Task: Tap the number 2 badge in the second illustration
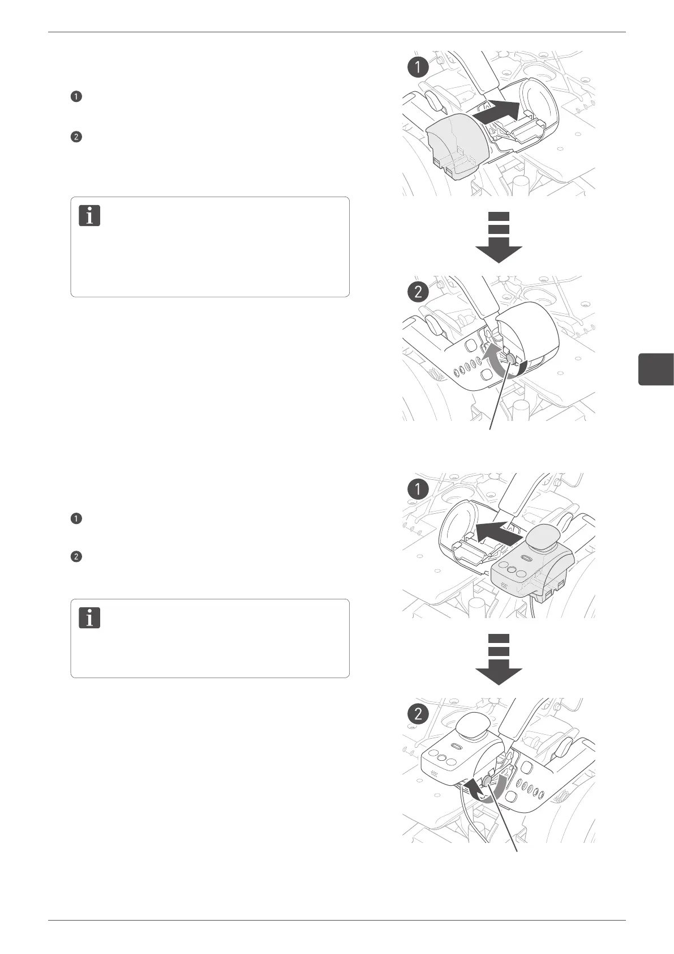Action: (x=418, y=292)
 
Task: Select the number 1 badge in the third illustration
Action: (x=418, y=488)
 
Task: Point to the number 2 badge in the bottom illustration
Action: (x=418, y=714)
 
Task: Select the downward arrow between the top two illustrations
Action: (x=498, y=238)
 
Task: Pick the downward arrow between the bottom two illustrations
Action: (x=498, y=660)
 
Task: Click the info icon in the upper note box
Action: (x=89, y=216)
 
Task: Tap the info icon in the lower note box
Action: (x=89, y=617)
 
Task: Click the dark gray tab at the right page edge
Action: (x=656, y=369)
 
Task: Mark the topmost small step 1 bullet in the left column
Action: (x=76, y=96)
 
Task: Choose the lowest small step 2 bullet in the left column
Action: (x=76, y=557)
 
